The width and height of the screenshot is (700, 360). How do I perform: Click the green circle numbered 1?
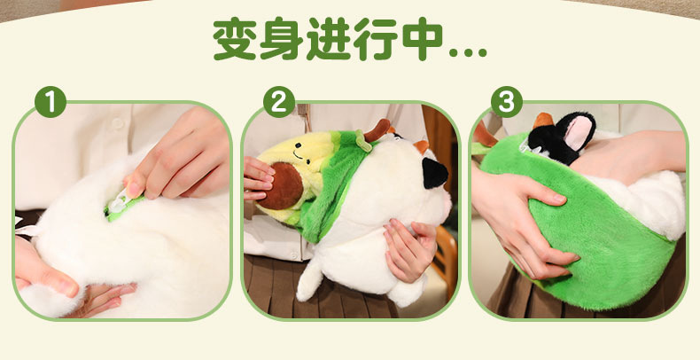[51, 102]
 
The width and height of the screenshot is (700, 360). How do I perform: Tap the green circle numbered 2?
[279, 102]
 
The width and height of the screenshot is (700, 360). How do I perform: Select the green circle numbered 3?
[507, 102]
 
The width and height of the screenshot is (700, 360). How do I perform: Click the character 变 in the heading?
[235, 39]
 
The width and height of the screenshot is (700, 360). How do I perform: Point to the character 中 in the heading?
[423, 39]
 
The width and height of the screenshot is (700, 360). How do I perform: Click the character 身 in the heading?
[281, 39]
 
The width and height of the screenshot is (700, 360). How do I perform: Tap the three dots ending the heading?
[468, 52]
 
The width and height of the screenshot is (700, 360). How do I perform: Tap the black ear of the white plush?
[434, 173]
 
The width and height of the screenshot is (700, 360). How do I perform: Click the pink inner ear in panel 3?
[578, 132]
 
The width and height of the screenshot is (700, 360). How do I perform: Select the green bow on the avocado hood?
[362, 140]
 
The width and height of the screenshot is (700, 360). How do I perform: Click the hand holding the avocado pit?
[259, 177]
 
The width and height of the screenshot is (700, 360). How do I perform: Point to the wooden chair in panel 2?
[445, 254]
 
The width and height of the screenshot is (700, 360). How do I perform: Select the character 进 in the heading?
[328, 39]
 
